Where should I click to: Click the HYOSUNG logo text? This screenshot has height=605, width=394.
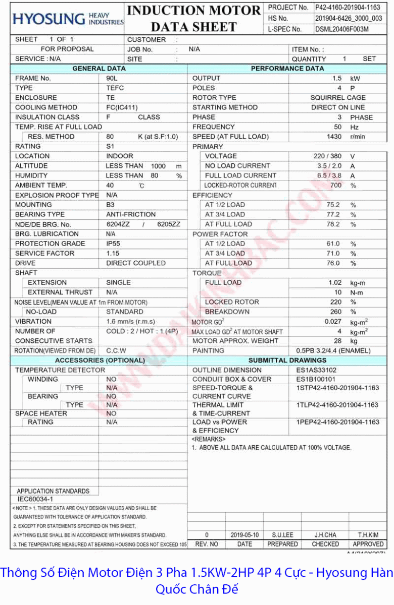tap(49, 19)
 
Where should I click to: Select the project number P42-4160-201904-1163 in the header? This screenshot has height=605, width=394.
tap(348, 8)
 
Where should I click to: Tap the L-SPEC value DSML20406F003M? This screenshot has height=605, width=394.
tap(341, 29)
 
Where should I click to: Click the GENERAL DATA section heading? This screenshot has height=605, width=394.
tap(99, 69)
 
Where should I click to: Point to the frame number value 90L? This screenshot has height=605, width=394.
tap(112, 78)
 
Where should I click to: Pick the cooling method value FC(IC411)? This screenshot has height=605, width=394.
tap(122, 107)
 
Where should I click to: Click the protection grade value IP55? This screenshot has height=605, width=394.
tap(114, 244)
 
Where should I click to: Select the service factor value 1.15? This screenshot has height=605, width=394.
tap(113, 253)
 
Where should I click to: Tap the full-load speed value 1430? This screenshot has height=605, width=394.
tap(334, 137)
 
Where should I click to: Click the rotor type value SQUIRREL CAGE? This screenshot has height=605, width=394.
tap(338, 98)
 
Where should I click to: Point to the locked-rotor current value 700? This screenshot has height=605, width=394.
tap(336, 186)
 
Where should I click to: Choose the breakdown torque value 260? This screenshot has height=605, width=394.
tap(336, 312)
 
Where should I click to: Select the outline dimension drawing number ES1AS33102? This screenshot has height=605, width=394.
tap(316, 370)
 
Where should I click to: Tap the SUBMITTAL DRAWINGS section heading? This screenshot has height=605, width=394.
tap(287, 360)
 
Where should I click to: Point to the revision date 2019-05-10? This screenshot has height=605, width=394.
tap(244, 535)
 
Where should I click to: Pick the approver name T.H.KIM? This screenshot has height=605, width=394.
tap(368, 535)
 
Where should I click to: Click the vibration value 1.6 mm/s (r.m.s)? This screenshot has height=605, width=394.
tap(130, 321)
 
